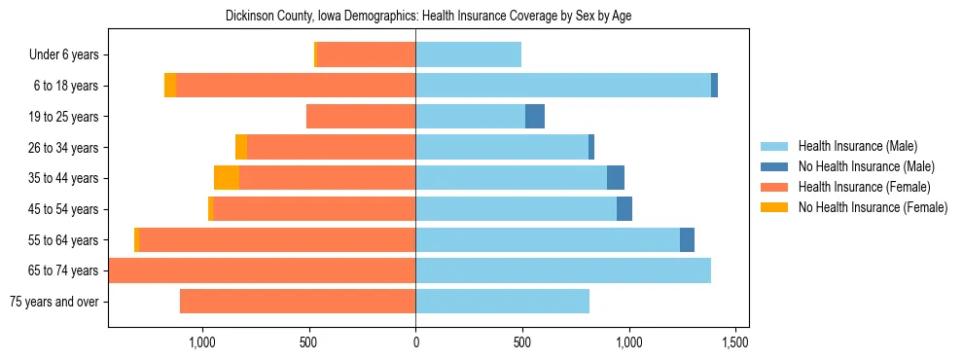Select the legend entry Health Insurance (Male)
pyautogui.click(x=857, y=146)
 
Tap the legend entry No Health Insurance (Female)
pyautogui.click(x=873, y=207)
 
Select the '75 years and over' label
pyautogui.click(x=54, y=302)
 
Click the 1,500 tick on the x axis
pyautogui.click(x=735, y=342)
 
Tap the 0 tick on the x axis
pyautogui.click(x=415, y=342)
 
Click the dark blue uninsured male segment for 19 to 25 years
pyautogui.click(x=535, y=117)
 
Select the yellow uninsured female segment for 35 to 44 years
pyautogui.click(x=227, y=178)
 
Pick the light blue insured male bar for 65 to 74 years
pyautogui.click(x=563, y=270)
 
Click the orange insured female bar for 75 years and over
pyautogui.click(x=298, y=302)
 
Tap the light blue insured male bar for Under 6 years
pyautogui.click(x=469, y=54)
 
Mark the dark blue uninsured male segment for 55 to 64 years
pyautogui.click(x=687, y=239)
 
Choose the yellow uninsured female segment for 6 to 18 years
pyautogui.click(x=170, y=86)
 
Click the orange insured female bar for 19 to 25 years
pyautogui.click(x=361, y=117)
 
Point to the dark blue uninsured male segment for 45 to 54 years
pyautogui.click(x=624, y=209)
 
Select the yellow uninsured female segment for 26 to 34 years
pyautogui.click(x=241, y=147)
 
